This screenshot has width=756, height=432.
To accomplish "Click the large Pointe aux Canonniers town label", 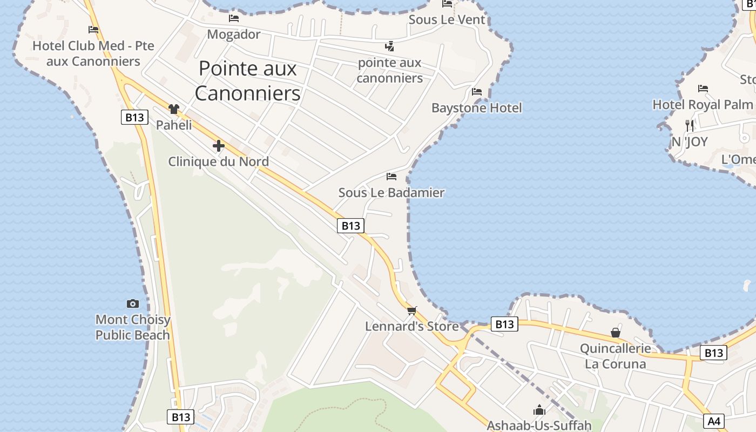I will [247, 81].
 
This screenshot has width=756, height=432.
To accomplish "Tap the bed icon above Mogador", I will [234, 18].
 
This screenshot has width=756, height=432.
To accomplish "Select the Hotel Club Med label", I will [93, 53].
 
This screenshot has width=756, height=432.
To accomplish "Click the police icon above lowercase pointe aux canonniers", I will [389, 46].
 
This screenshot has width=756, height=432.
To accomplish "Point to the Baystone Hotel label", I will [476, 108].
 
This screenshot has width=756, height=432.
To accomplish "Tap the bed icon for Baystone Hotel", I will [476, 91].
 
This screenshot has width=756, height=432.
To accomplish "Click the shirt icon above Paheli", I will [173, 109].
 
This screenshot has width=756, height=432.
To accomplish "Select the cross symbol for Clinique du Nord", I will [218, 146].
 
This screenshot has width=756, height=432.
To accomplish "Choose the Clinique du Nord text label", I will [218, 161].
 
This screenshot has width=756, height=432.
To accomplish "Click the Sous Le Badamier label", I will [391, 192].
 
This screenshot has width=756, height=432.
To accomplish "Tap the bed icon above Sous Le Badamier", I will [391, 176].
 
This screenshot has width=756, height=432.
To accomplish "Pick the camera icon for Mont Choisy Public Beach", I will [132, 303].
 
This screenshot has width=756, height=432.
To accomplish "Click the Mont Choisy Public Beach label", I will [132, 327].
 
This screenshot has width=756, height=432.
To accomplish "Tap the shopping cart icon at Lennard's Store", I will [412, 310].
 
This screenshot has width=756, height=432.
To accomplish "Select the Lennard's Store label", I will [411, 326].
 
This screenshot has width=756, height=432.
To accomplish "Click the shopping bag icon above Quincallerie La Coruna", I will [615, 333].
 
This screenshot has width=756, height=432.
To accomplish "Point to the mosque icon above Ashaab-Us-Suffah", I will [539, 410].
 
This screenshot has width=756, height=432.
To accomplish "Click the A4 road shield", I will [714, 421].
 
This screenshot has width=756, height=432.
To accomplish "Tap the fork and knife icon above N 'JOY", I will [689, 125].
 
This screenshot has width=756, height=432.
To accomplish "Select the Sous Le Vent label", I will [447, 20].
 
